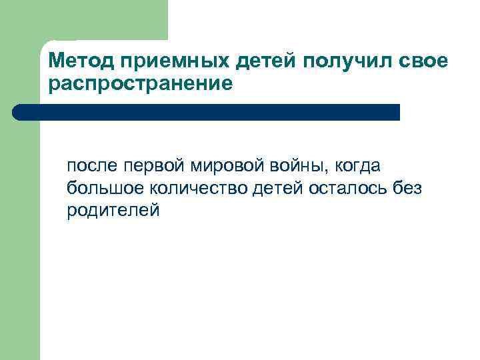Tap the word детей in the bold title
coord(269,62)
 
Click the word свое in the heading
coord(425,62)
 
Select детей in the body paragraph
coord(278,189)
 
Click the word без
coord(407,189)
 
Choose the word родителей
coord(113,211)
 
